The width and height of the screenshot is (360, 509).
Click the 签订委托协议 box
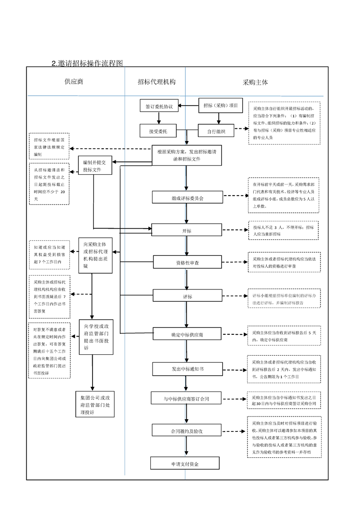tap(159, 106)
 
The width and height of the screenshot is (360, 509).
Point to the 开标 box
tap(187, 230)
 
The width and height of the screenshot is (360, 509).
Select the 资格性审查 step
tap(187, 262)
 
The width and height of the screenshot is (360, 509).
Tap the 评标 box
tap(187, 296)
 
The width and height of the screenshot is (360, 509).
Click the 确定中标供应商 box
tap(187, 334)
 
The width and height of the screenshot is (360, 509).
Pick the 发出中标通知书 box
tap(187, 369)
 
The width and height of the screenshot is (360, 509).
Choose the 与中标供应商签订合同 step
tap(186, 398)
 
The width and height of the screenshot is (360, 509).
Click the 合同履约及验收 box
tap(186, 430)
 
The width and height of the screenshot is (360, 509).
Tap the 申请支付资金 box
tap(185, 463)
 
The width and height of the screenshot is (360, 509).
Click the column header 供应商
tap(74, 82)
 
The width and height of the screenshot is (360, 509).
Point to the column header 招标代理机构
tap(157, 82)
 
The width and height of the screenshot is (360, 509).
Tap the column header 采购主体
tap(255, 82)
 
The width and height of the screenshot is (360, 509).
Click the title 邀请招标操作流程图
tap(88, 63)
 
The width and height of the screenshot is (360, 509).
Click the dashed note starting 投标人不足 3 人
tap(283, 230)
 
